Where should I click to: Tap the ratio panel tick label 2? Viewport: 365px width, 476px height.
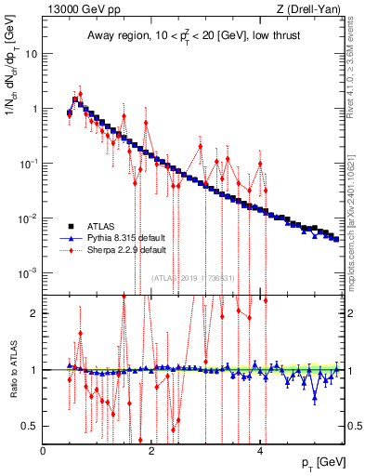35,313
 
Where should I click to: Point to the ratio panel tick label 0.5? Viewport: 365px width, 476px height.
32,426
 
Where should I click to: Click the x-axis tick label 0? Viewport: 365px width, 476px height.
44,451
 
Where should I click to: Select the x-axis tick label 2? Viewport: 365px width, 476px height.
152,451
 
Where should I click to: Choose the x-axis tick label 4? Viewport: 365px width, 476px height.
261,451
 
